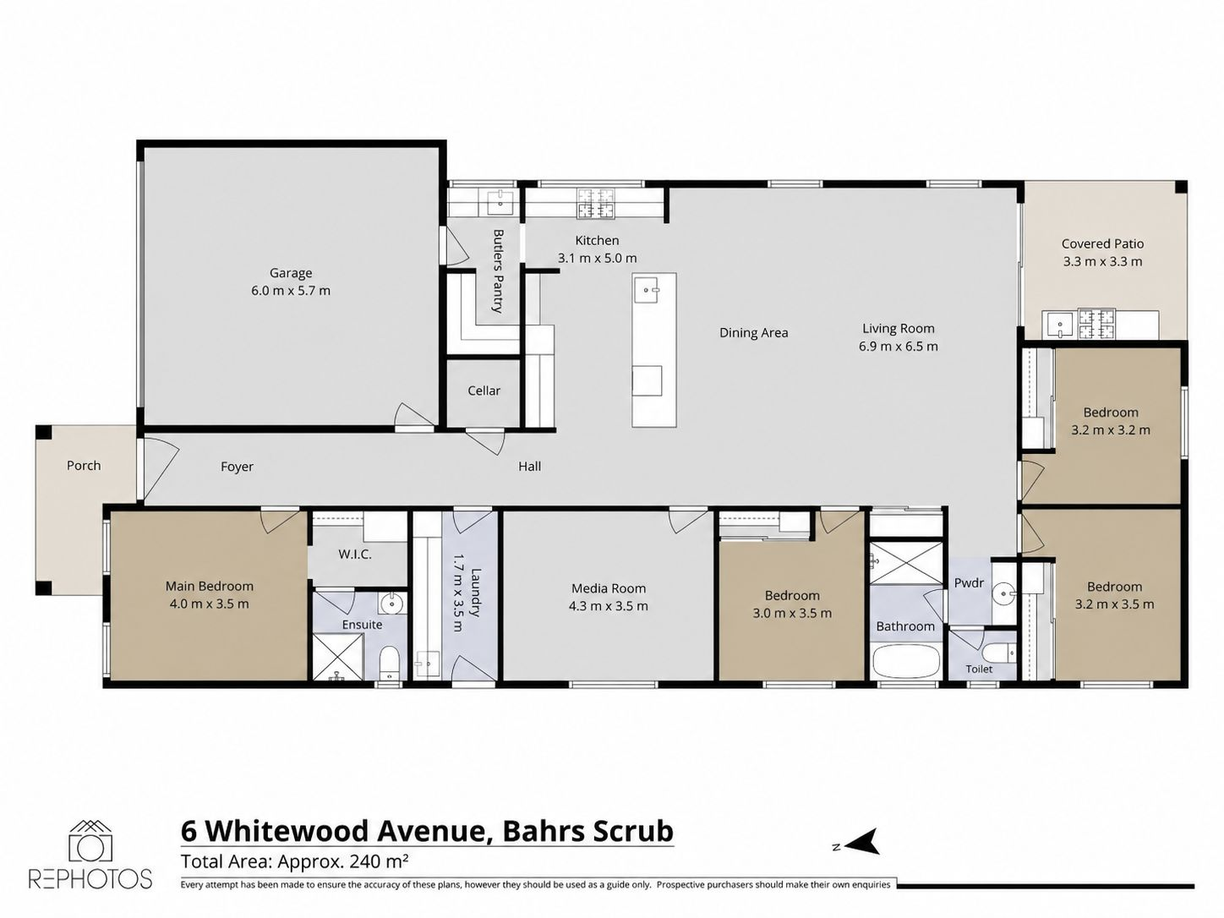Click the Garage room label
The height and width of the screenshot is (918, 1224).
(290, 273)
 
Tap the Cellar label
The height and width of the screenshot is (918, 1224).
(484, 391)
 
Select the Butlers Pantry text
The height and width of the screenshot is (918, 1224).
(498, 270)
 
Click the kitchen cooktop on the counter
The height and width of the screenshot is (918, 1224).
(596, 203)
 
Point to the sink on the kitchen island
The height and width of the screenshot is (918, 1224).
(648, 291)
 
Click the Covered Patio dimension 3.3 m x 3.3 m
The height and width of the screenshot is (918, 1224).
(1102, 261)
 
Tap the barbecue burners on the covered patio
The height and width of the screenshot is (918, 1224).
(1096, 325)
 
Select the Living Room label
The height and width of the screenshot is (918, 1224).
(899, 329)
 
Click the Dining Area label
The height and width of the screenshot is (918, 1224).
(754, 333)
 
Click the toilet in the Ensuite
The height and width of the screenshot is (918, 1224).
(389, 662)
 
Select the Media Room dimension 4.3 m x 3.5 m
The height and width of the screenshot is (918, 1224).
(609, 606)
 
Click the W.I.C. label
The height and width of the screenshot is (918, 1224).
(355, 555)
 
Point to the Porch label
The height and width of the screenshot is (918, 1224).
(84, 466)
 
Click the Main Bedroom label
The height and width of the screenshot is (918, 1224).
(209, 587)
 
